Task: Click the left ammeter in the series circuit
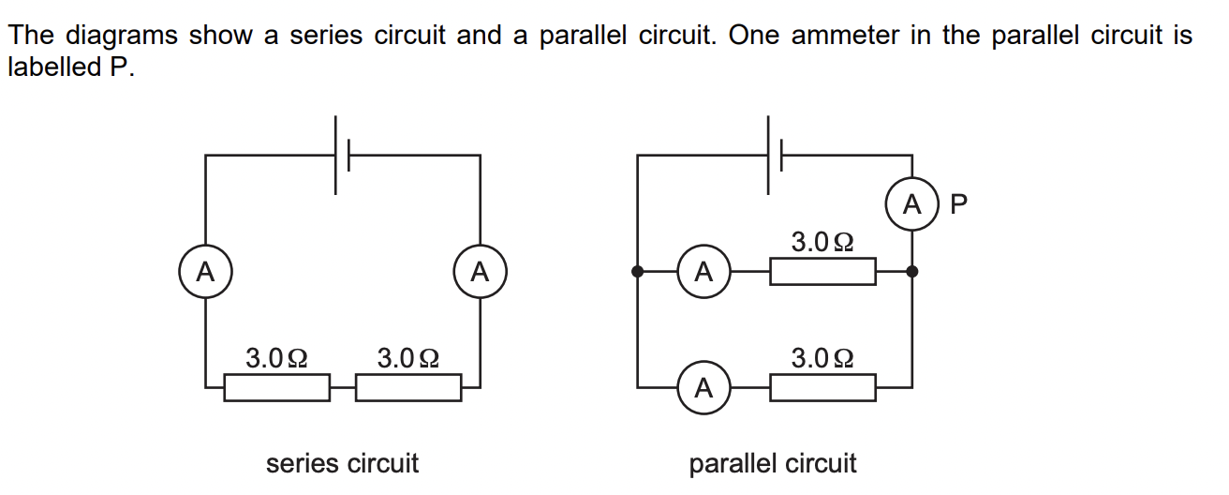205,272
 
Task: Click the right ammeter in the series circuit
480,272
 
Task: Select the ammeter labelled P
912,203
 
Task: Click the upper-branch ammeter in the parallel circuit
704,272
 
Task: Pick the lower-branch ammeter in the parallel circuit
704,386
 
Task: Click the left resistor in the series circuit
276,386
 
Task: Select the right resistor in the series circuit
408,386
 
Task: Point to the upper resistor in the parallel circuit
822,272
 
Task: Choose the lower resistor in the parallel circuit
822,386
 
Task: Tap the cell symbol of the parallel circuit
774,156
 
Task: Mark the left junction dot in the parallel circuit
637,272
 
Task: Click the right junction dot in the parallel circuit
912,272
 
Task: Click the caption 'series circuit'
342,463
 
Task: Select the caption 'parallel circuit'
773,463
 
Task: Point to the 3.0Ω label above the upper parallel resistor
822,243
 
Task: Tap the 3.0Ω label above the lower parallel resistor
822,357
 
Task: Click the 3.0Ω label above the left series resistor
276,357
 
